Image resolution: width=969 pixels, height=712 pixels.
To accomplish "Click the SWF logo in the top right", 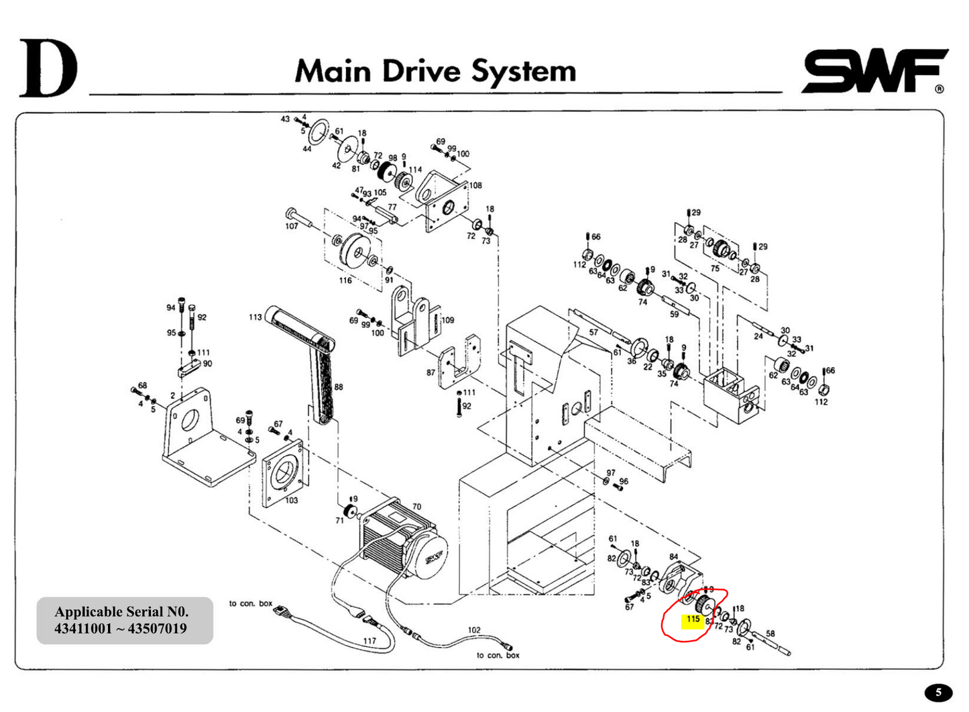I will [874, 70].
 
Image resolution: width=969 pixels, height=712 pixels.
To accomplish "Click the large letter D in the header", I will [48, 69].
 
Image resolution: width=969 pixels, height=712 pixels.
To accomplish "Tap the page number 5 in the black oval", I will [938, 693].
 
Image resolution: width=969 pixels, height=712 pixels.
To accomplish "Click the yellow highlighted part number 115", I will [693, 619].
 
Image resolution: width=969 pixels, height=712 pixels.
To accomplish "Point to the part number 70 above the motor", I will [416, 507].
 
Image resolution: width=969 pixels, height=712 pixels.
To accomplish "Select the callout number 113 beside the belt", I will [255, 317].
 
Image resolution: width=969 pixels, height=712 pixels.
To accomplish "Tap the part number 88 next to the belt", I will [339, 387].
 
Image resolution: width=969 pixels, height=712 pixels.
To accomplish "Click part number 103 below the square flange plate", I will [291, 501].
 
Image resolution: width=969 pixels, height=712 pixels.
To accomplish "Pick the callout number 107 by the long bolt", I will [291, 226].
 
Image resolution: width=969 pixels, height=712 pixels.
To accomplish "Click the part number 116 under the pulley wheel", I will [345, 281].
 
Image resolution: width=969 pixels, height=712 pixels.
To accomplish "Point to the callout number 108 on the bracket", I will [475, 185].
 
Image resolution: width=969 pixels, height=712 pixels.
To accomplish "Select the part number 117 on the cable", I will [369, 641].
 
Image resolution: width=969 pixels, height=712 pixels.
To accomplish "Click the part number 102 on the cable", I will [474, 630].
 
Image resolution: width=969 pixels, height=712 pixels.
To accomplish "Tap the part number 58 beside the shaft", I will [771, 633].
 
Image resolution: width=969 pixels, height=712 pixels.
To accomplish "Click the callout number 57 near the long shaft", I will [593, 332].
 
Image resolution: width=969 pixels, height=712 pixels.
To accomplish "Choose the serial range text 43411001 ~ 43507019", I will [121, 629].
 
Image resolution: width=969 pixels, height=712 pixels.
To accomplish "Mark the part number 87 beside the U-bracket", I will [431, 372].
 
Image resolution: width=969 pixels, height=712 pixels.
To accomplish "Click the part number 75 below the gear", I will [715, 268].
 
